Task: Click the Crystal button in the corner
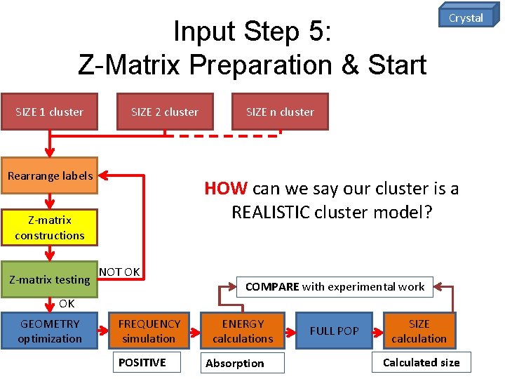click(x=466, y=18)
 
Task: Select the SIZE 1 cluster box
click(x=49, y=112)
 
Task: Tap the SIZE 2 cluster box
click(x=164, y=112)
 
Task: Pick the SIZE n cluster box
click(x=280, y=112)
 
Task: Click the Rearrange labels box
click(x=49, y=175)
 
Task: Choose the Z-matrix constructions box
click(x=49, y=228)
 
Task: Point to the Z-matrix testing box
click(x=49, y=279)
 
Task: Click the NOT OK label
click(x=119, y=272)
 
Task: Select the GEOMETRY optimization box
click(x=49, y=331)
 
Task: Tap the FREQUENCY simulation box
click(x=149, y=331)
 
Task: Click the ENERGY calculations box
click(x=243, y=331)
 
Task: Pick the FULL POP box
click(x=334, y=331)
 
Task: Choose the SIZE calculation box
click(x=419, y=331)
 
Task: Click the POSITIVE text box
click(x=148, y=362)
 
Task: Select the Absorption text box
click(x=243, y=363)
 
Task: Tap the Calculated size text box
click(x=421, y=362)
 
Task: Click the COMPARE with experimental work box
click(x=335, y=286)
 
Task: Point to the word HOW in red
click(x=225, y=189)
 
